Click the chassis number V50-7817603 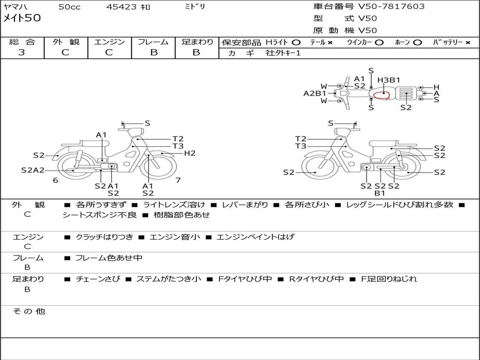(391, 6)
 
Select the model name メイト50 (22, 18)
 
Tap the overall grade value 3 (22, 52)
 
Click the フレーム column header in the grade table (153, 42)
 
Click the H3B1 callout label (389, 80)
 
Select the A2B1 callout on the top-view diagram (315, 93)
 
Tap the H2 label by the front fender (189, 153)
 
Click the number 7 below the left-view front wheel (178, 180)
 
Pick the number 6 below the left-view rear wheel (55, 180)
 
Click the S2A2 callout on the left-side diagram (33, 170)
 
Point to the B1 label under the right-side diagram (380, 193)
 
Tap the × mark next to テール (330, 43)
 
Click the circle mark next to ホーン (417, 43)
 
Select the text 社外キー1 (283, 53)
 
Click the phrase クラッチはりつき (105, 237)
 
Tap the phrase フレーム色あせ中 (109, 258)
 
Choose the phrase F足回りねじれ (389, 279)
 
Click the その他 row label (29, 311)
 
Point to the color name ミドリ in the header (195, 7)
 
